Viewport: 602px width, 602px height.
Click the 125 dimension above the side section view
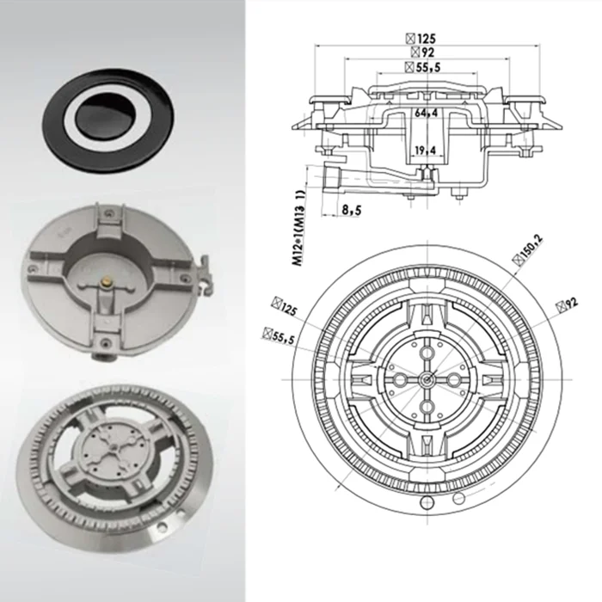point(421,39)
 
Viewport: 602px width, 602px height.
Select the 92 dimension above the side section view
point(422,52)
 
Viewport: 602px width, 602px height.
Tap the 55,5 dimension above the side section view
point(423,67)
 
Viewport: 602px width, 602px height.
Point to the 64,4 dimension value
point(427,114)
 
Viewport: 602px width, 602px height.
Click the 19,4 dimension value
point(426,150)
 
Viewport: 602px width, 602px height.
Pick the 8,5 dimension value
point(351,210)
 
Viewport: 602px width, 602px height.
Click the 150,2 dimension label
point(528,250)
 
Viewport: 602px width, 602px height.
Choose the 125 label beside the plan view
point(285,306)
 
